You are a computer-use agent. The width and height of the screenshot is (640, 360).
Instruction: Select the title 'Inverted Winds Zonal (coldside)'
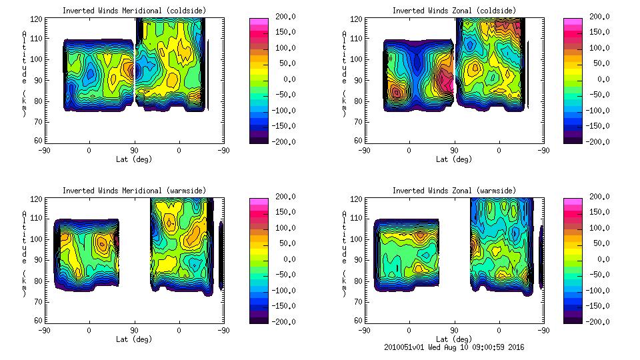tap(454, 11)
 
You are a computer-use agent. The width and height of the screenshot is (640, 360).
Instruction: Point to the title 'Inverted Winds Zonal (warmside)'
tap(454, 191)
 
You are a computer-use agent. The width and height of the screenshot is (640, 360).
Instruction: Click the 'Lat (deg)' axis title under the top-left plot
tap(133, 159)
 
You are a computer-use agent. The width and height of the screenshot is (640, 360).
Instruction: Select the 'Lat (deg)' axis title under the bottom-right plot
tap(455, 339)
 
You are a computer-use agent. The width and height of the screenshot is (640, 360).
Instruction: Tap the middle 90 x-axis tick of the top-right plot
tap(455, 150)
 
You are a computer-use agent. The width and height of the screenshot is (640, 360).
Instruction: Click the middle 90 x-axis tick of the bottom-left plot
tap(134, 330)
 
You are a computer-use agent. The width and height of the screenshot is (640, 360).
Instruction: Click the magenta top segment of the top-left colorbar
tap(258, 22)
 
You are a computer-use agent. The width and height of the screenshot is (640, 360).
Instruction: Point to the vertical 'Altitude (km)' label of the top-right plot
tap(345, 73)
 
